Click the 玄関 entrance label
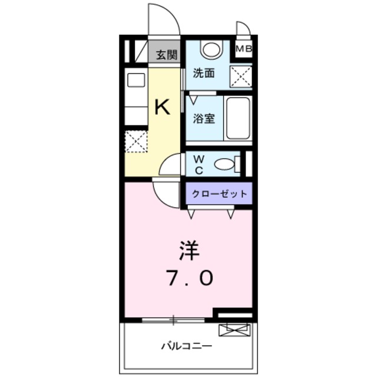pos(166,55)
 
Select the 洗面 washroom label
pos(204,74)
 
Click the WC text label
pos(199,165)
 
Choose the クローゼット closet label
pos(219,193)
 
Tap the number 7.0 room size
pos(190,278)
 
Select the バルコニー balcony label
pos(187,346)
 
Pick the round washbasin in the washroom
pos(211,49)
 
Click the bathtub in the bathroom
pos(238,117)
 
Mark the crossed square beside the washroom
pos(241,75)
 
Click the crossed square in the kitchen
pos(136,142)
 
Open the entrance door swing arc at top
pos(163,19)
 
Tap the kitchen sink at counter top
pos(136,81)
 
